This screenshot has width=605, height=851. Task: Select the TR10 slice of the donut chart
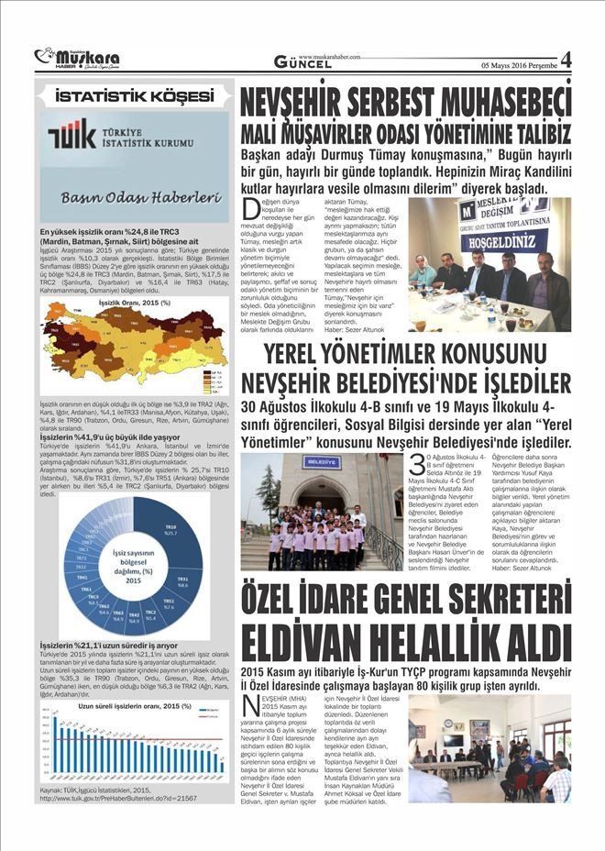point(167,541)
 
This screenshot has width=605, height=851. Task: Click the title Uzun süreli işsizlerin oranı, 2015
point(134,707)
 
